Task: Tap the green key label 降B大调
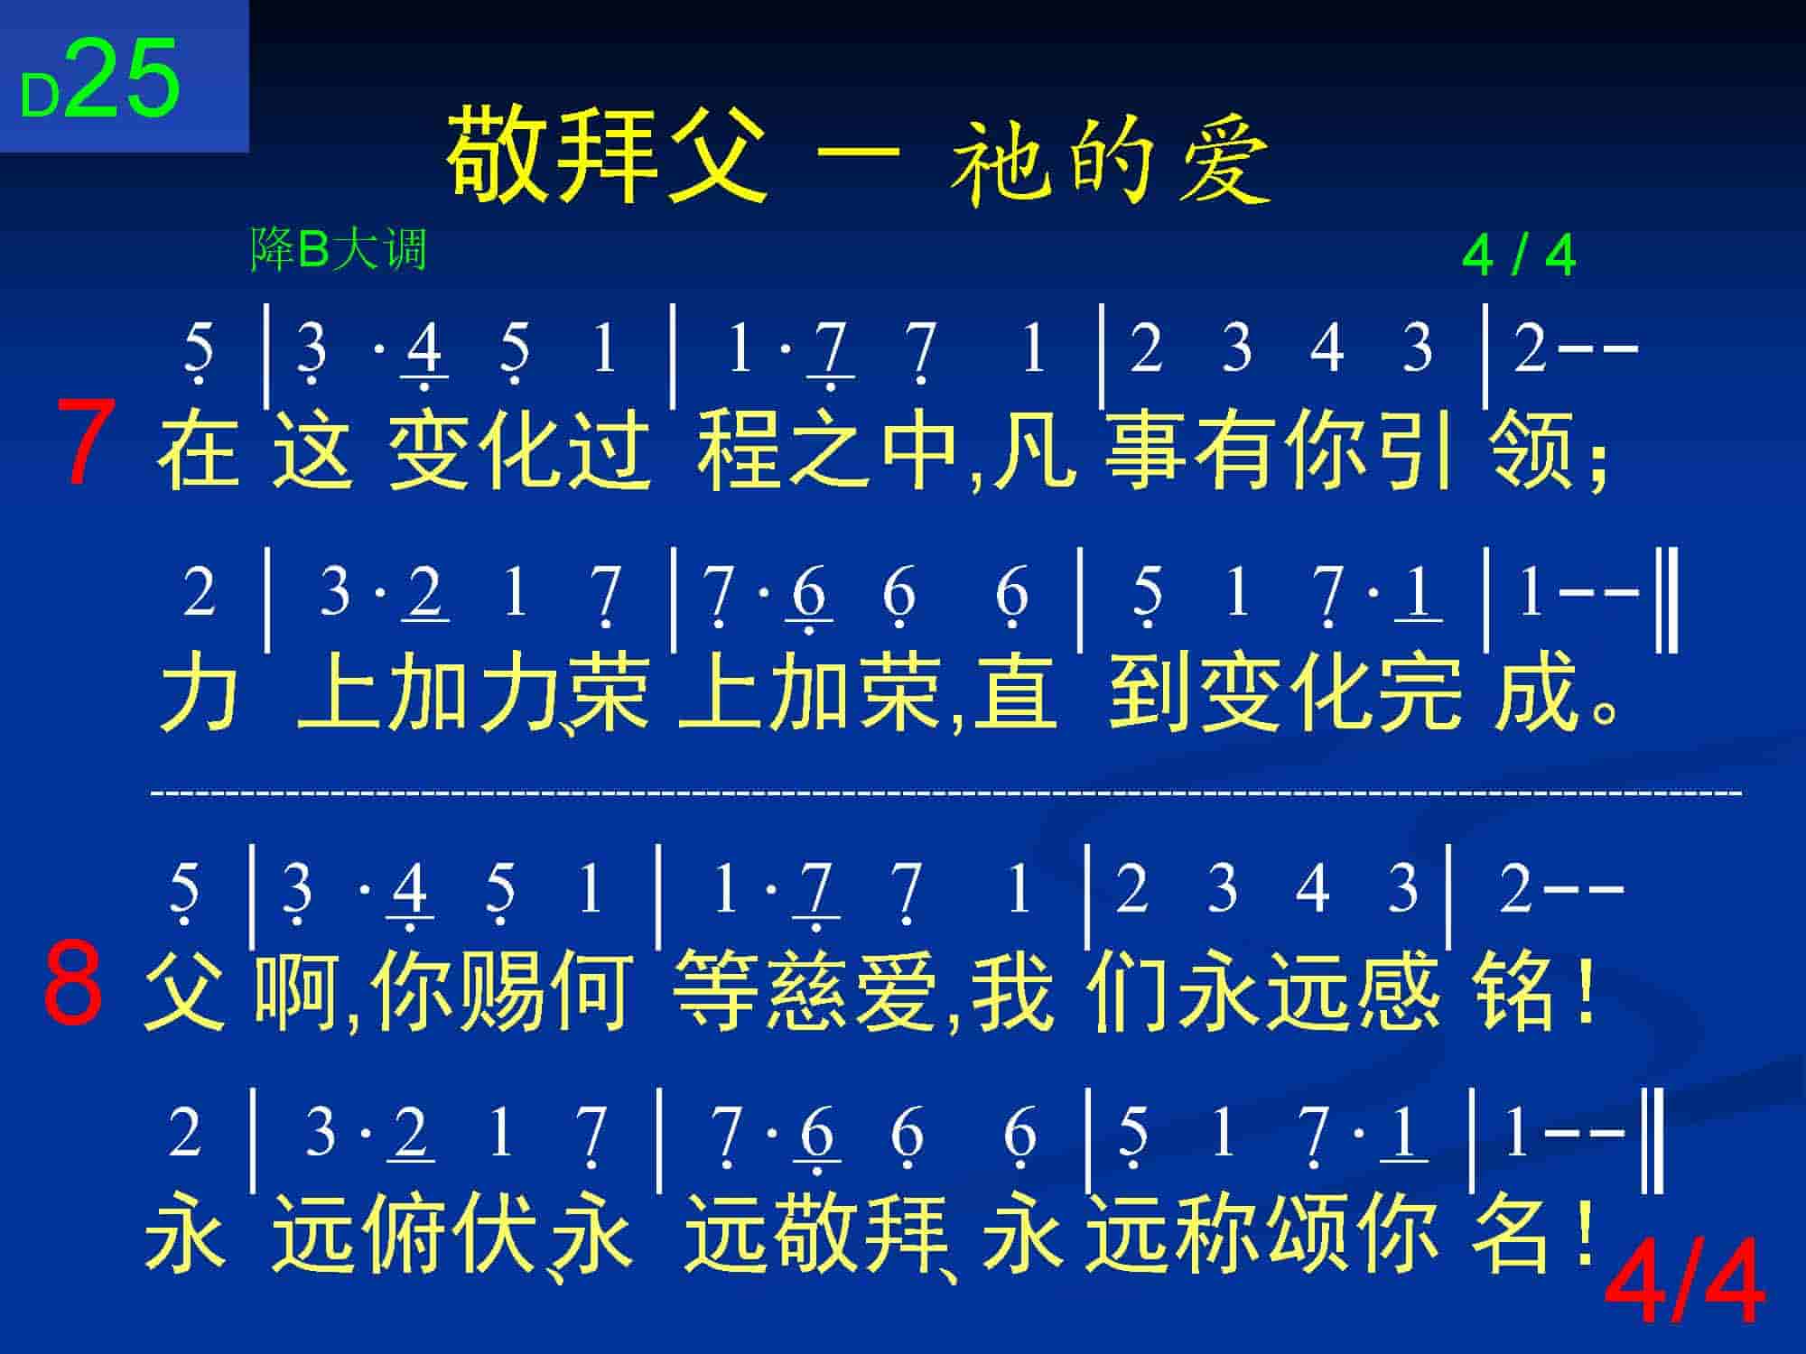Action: point(338,249)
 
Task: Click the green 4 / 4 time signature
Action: point(1519,256)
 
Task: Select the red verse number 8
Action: point(73,983)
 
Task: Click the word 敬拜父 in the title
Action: point(608,153)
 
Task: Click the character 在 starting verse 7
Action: point(199,449)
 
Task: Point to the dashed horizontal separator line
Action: point(946,793)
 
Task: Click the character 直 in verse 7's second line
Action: point(1015,691)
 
